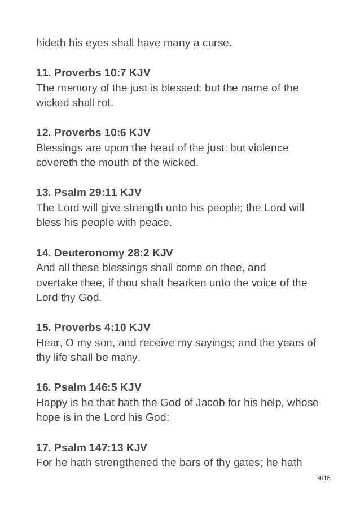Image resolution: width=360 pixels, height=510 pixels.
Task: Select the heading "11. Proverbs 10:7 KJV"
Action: click(93, 73)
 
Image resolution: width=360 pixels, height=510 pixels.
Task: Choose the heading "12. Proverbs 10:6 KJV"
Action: click(93, 133)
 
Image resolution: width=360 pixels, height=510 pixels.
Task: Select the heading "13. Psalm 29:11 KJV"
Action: click(89, 192)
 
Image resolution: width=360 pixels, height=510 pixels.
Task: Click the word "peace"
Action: click(156, 222)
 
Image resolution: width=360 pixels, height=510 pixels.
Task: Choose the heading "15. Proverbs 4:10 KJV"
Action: click(93, 328)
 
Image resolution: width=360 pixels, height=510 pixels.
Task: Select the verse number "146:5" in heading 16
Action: click(105, 387)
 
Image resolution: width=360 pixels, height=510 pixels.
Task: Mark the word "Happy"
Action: click(51, 402)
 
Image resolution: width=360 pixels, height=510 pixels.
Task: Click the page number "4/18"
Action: click(324, 478)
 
